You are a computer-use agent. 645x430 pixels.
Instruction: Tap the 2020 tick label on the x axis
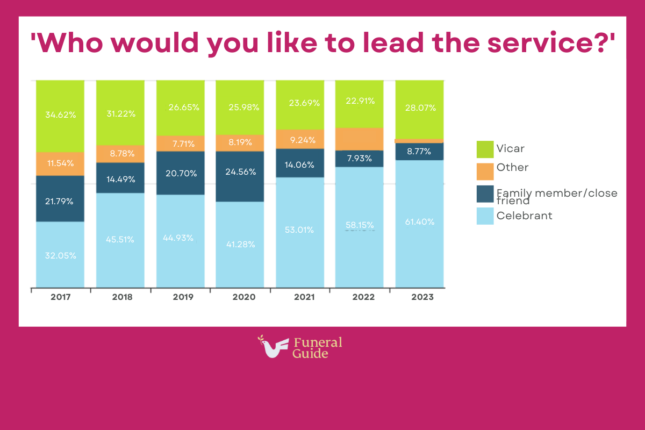click(240, 297)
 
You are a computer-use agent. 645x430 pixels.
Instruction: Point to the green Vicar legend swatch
click(485, 149)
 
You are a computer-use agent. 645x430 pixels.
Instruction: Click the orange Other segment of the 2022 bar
click(359, 139)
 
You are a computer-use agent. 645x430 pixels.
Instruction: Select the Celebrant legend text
click(524, 216)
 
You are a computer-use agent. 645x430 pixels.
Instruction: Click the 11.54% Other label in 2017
click(60, 163)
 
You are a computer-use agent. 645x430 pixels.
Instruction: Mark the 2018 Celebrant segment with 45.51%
click(120, 239)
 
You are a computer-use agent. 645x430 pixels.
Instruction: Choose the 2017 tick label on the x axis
click(60, 297)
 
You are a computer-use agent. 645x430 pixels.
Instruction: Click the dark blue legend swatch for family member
click(485, 193)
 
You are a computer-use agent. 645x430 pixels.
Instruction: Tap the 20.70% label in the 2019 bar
click(180, 173)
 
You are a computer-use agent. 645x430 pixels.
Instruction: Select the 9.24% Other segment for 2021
click(300, 139)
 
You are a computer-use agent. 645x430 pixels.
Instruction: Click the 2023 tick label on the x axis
click(419, 297)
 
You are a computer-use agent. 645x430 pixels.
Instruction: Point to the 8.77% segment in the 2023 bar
click(419, 152)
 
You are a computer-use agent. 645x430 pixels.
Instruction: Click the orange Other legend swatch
click(485, 171)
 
